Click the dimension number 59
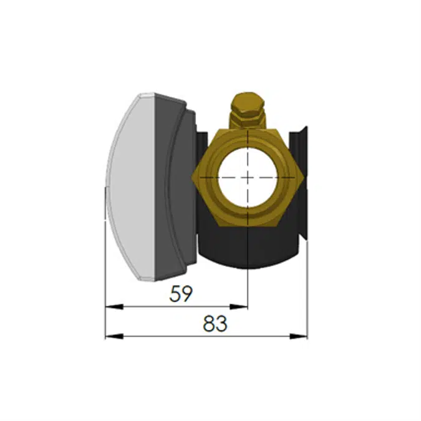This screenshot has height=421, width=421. pyautogui.click(x=181, y=294)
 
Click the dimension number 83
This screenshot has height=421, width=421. pyautogui.click(x=215, y=324)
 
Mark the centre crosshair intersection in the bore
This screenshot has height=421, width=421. pyautogui.click(x=248, y=177)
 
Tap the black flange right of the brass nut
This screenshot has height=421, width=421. pyautogui.click(x=302, y=187)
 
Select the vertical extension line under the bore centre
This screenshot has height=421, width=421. pyautogui.click(x=248, y=281)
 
